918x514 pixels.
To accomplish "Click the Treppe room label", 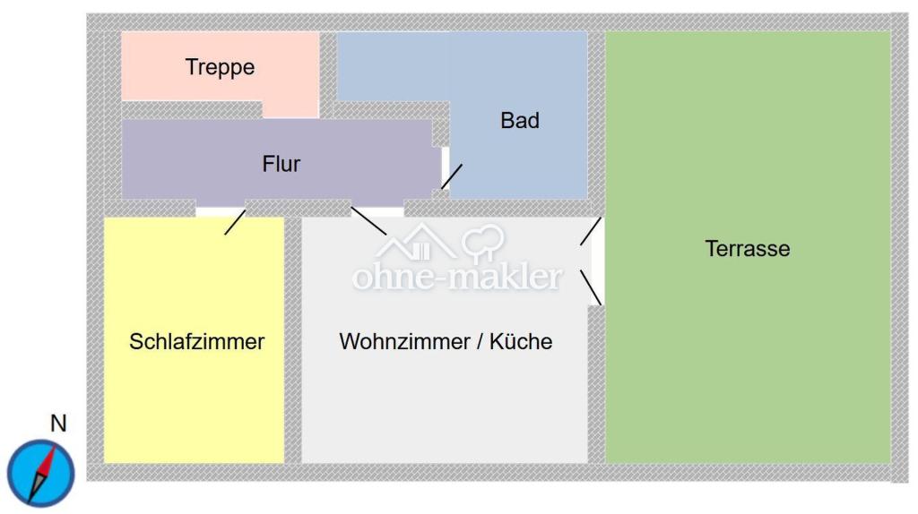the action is [x=221, y=67].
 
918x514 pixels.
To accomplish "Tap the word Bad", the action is [x=520, y=121].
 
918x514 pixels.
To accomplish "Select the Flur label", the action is [x=281, y=164].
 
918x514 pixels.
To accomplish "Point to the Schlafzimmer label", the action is [x=196, y=341].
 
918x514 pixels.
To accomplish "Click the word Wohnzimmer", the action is [x=404, y=341].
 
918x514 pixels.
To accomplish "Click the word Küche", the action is [x=521, y=341].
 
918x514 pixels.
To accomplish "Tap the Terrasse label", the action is [x=748, y=249].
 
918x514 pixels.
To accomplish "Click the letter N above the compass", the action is [x=58, y=424].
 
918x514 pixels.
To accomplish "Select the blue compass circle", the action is [x=41, y=473].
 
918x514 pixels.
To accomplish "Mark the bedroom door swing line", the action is [x=236, y=222].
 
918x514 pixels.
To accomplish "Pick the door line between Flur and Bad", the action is [x=452, y=176].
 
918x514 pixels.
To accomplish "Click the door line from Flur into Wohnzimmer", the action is [x=368, y=220].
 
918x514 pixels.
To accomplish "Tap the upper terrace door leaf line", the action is [x=591, y=231].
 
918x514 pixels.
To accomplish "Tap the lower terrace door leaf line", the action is [x=591, y=287].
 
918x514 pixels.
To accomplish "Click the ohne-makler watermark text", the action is [x=457, y=277].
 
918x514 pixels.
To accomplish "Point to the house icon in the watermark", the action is [x=415, y=242].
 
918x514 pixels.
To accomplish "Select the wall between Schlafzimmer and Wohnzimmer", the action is [x=293, y=340].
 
